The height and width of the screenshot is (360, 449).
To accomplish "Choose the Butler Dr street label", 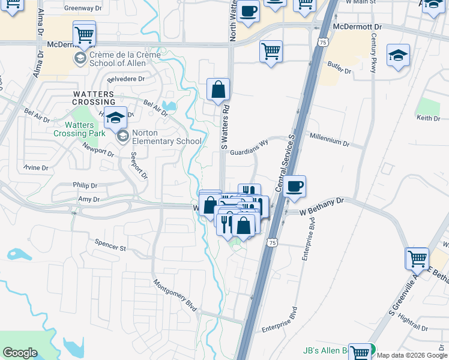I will click(x=339, y=67).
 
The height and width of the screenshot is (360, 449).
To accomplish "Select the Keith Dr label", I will click(x=428, y=118).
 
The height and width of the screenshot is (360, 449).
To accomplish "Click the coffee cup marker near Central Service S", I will click(x=294, y=187).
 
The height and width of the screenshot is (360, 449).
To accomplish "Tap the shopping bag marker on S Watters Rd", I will click(x=218, y=90).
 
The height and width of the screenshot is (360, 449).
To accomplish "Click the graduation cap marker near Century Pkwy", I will click(x=398, y=56).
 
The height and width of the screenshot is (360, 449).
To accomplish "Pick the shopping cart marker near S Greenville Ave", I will click(x=417, y=259).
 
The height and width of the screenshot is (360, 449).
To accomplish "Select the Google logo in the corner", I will click(x=20, y=352).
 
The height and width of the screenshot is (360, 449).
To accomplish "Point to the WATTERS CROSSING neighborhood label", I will click(x=94, y=98).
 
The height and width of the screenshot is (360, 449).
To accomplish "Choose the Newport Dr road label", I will click(x=98, y=149).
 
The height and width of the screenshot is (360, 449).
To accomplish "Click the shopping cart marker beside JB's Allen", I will click(x=360, y=353).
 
